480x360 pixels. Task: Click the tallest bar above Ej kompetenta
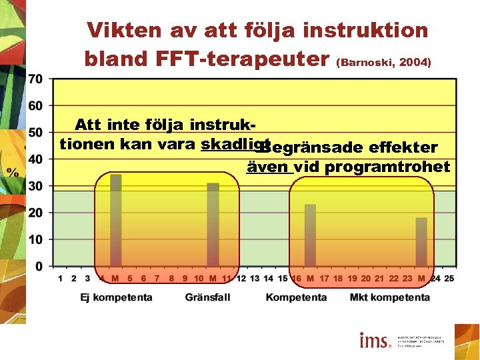116,220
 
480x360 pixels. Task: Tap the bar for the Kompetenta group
310,235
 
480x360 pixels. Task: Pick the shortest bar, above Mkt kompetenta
421,241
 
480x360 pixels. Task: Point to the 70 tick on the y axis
35,79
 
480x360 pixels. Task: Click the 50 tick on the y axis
35,132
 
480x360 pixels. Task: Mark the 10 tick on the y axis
35,239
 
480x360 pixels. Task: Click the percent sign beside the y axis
13,172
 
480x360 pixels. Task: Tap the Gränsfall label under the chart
207,297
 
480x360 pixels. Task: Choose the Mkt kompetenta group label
390,297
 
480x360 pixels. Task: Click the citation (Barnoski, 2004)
384,63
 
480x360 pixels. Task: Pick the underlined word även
269,167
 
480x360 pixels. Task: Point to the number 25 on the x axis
449,278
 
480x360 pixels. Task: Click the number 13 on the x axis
255,278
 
